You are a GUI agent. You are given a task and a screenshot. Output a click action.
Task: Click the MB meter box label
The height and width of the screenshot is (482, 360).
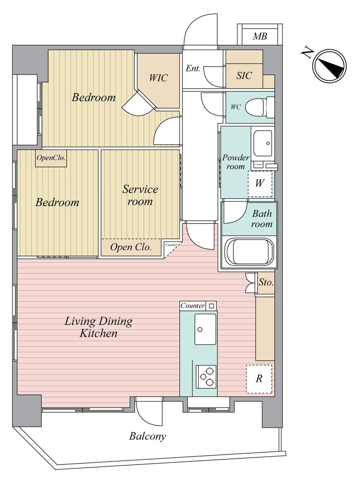260,36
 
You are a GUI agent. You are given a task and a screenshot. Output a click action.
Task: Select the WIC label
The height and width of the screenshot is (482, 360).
158,78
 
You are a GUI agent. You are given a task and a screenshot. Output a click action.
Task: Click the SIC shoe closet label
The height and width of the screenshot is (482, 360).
244,76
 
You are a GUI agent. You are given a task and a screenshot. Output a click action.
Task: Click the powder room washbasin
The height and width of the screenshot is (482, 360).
263,144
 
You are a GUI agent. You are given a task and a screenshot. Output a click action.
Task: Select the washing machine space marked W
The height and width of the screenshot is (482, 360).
260,184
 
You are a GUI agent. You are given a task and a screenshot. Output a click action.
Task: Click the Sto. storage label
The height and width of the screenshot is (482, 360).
266,282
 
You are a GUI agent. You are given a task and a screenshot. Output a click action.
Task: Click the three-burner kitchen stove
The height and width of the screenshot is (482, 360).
206,376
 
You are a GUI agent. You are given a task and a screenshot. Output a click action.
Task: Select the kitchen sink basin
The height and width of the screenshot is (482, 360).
205,329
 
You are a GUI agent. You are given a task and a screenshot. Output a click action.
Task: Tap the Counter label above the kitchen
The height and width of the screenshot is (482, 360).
193,306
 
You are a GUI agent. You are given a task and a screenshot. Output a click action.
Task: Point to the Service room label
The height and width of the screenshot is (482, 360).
140,195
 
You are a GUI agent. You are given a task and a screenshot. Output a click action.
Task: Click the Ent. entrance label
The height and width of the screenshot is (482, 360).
193,68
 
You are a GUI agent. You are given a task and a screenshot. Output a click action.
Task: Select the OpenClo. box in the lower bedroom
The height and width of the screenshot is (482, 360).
51,158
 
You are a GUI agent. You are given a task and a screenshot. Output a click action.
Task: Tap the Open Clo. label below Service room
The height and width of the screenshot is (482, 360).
131,247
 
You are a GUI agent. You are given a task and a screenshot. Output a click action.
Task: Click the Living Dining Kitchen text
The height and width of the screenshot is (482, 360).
99,327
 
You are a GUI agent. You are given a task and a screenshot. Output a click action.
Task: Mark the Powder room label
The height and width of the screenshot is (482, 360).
235,162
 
